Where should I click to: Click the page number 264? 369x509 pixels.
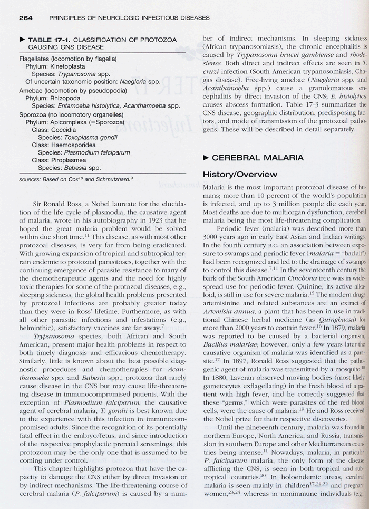coord(26,17)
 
